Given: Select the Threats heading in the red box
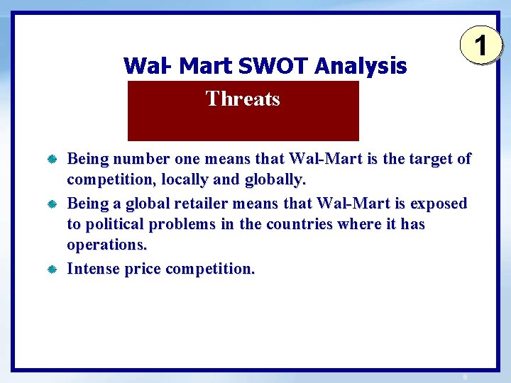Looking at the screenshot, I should tap(243, 99).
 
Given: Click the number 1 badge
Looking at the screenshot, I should tap(480, 48).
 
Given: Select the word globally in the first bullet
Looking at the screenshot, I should tap(275, 179).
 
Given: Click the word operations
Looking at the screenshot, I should tap(106, 245).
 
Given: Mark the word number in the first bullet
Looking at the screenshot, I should tap(143, 158).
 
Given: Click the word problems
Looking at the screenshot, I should tap(181, 224).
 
